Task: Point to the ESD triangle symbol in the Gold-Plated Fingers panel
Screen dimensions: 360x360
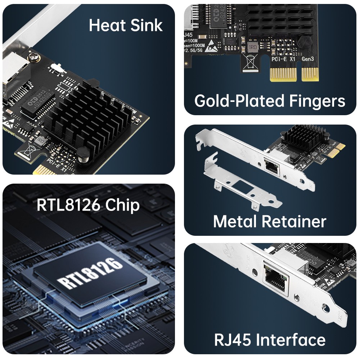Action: pos(211,49)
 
